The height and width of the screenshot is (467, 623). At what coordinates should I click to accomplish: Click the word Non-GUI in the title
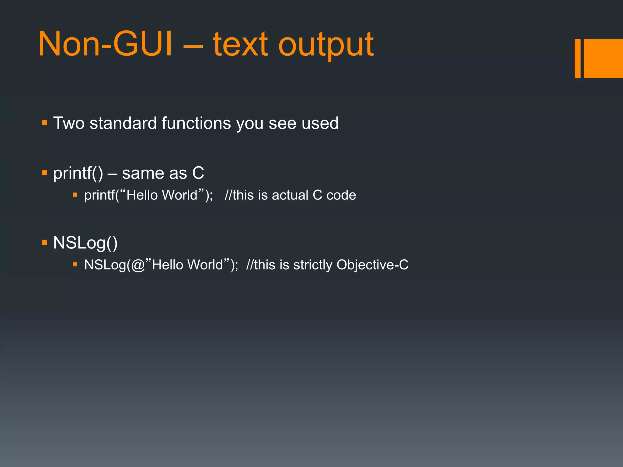click(105, 44)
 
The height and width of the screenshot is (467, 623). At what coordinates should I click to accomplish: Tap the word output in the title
click(326, 46)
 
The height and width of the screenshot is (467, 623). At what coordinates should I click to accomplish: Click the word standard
click(123, 123)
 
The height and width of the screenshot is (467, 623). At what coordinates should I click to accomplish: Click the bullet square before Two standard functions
click(45, 123)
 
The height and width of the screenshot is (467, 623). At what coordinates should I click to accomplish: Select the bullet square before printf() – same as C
click(45, 173)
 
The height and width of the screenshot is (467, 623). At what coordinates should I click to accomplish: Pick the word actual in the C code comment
click(290, 195)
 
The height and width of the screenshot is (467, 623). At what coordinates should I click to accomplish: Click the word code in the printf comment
click(341, 195)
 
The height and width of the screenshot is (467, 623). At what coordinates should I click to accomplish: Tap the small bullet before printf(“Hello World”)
click(75, 195)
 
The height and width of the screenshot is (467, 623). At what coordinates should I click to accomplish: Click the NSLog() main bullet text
click(85, 243)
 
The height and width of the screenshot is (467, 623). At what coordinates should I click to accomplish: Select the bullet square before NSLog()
click(45, 242)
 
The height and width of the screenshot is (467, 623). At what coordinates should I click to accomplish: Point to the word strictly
click(312, 265)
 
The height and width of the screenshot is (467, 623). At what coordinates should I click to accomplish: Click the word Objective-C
click(372, 265)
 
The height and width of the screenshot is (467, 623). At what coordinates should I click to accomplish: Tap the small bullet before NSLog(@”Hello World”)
click(75, 265)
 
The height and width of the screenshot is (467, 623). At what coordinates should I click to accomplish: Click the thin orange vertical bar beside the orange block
click(577, 58)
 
